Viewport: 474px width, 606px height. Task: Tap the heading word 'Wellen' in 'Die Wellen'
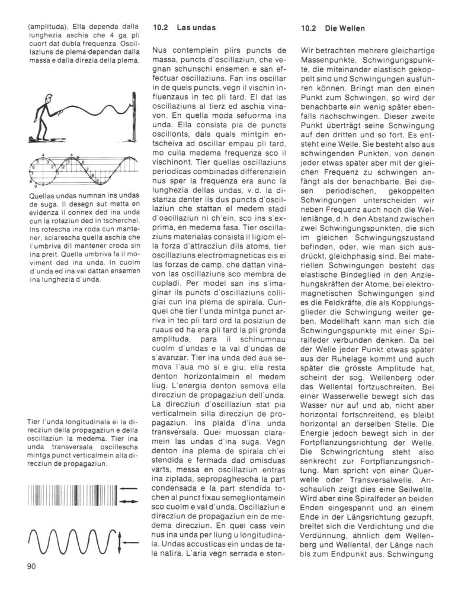pos(347,27)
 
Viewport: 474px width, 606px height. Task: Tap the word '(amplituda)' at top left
pos(46,27)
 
